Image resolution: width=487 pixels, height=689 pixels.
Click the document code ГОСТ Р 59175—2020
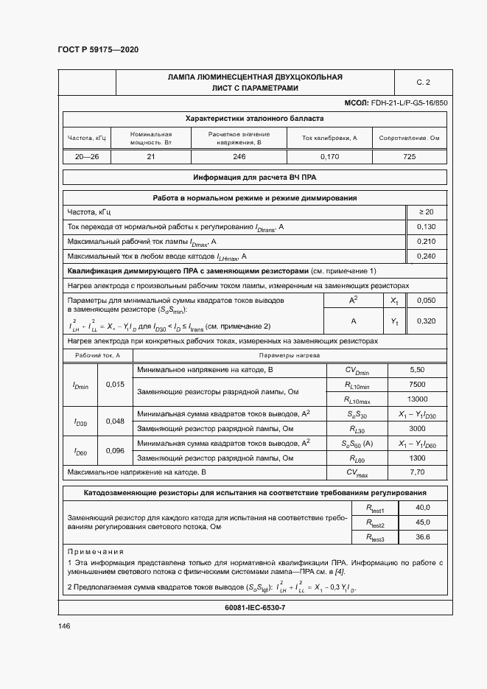tap(97, 49)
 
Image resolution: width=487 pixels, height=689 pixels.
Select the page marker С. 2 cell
tap(423, 83)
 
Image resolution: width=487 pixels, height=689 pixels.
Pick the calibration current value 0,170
tap(329, 156)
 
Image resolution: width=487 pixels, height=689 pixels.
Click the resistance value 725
tap(410, 156)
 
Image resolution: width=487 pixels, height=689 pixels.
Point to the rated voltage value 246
tap(239, 156)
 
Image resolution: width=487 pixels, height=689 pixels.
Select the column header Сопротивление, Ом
tap(410, 138)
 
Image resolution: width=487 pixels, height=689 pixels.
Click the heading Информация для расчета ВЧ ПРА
tap(254, 178)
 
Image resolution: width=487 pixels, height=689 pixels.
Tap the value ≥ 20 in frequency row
tap(426, 212)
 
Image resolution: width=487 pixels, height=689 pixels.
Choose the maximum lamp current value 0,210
tap(426, 242)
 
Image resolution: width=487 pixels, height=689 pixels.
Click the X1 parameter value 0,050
tap(426, 301)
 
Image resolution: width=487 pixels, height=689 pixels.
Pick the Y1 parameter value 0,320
tap(426, 321)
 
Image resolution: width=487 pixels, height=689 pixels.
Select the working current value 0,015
tap(115, 385)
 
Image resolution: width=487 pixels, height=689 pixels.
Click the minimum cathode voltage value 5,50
tap(417, 370)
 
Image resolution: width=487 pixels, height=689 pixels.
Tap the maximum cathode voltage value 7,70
tap(417, 471)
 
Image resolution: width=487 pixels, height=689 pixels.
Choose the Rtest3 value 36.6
tap(422, 537)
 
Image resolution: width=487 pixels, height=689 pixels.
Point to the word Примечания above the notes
tap(95, 551)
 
